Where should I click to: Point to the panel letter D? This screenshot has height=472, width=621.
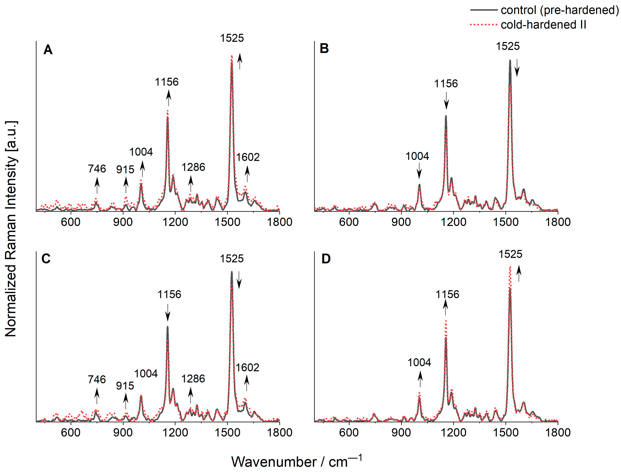[x=326, y=259]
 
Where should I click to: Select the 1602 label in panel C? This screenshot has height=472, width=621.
[x=247, y=368]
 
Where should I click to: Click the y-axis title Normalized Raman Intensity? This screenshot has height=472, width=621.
[x=11, y=229]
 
